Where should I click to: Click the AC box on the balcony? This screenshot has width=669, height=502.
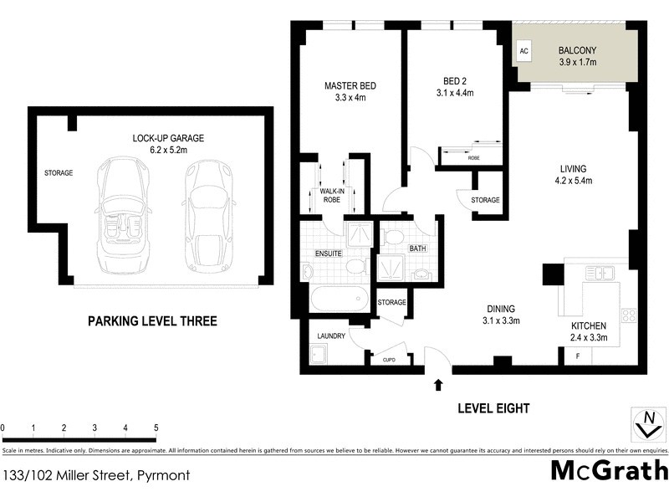[524, 51]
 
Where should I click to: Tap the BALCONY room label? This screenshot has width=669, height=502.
[577, 49]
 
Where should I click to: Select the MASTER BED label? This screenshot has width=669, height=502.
[350, 85]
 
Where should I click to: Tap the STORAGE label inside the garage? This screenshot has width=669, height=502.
[59, 173]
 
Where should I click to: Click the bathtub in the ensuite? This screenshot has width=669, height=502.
[337, 298]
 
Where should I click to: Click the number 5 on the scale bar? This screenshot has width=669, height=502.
[156, 428]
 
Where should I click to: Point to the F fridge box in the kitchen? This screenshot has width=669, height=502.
[578, 357]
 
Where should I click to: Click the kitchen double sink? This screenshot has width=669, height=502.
[600, 272]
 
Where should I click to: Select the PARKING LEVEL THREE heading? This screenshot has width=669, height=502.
[152, 320]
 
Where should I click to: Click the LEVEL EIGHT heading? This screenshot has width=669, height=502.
[494, 408]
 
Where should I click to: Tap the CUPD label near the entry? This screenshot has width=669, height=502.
[389, 361]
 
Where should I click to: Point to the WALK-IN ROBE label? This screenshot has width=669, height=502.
[332, 196]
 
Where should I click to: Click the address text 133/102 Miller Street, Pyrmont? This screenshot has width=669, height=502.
[97, 475]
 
